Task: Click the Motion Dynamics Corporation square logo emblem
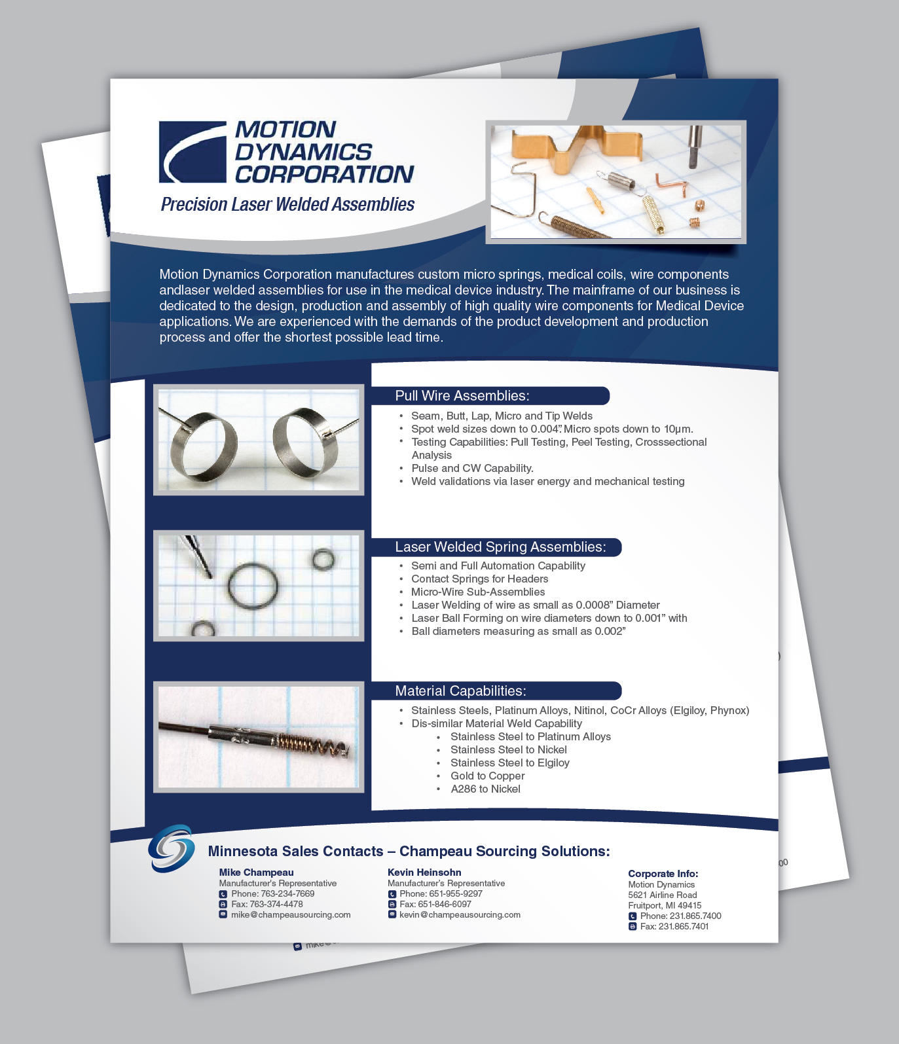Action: pyautogui.click(x=193, y=152)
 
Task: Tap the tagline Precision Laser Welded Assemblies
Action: pyautogui.click(x=287, y=204)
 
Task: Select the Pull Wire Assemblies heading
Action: pyautogui.click(x=462, y=395)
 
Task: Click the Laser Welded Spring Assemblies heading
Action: pyautogui.click(x=500, y=547)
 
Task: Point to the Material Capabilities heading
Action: pyautogui.click(x=460, y=691)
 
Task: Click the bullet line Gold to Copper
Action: pyautogui.click(x=487, y=776)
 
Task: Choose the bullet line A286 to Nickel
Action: pyautogui.click(x=485, y=789)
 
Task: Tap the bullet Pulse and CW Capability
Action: pyautogui.click(x=472, y=468)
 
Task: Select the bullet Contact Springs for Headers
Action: pyautogui.click(x=479, y=579)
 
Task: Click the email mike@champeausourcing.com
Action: pyautogui.click(x=291, y=914)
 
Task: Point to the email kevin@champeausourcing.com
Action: pyautogui.click(x=460, y=914)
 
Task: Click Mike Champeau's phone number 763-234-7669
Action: pyautogui.click(x=287, y=893)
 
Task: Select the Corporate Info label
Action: pyautogui.click(x=663, y=873)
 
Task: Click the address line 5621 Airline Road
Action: pyautogui.click(x=663, y=895)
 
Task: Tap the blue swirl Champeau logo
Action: pyautogui.click(x=172, y=848)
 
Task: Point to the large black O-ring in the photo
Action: pyautogui.click(x=253, y=586)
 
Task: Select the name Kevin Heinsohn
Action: pyautogui.click(x=424, y=872)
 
